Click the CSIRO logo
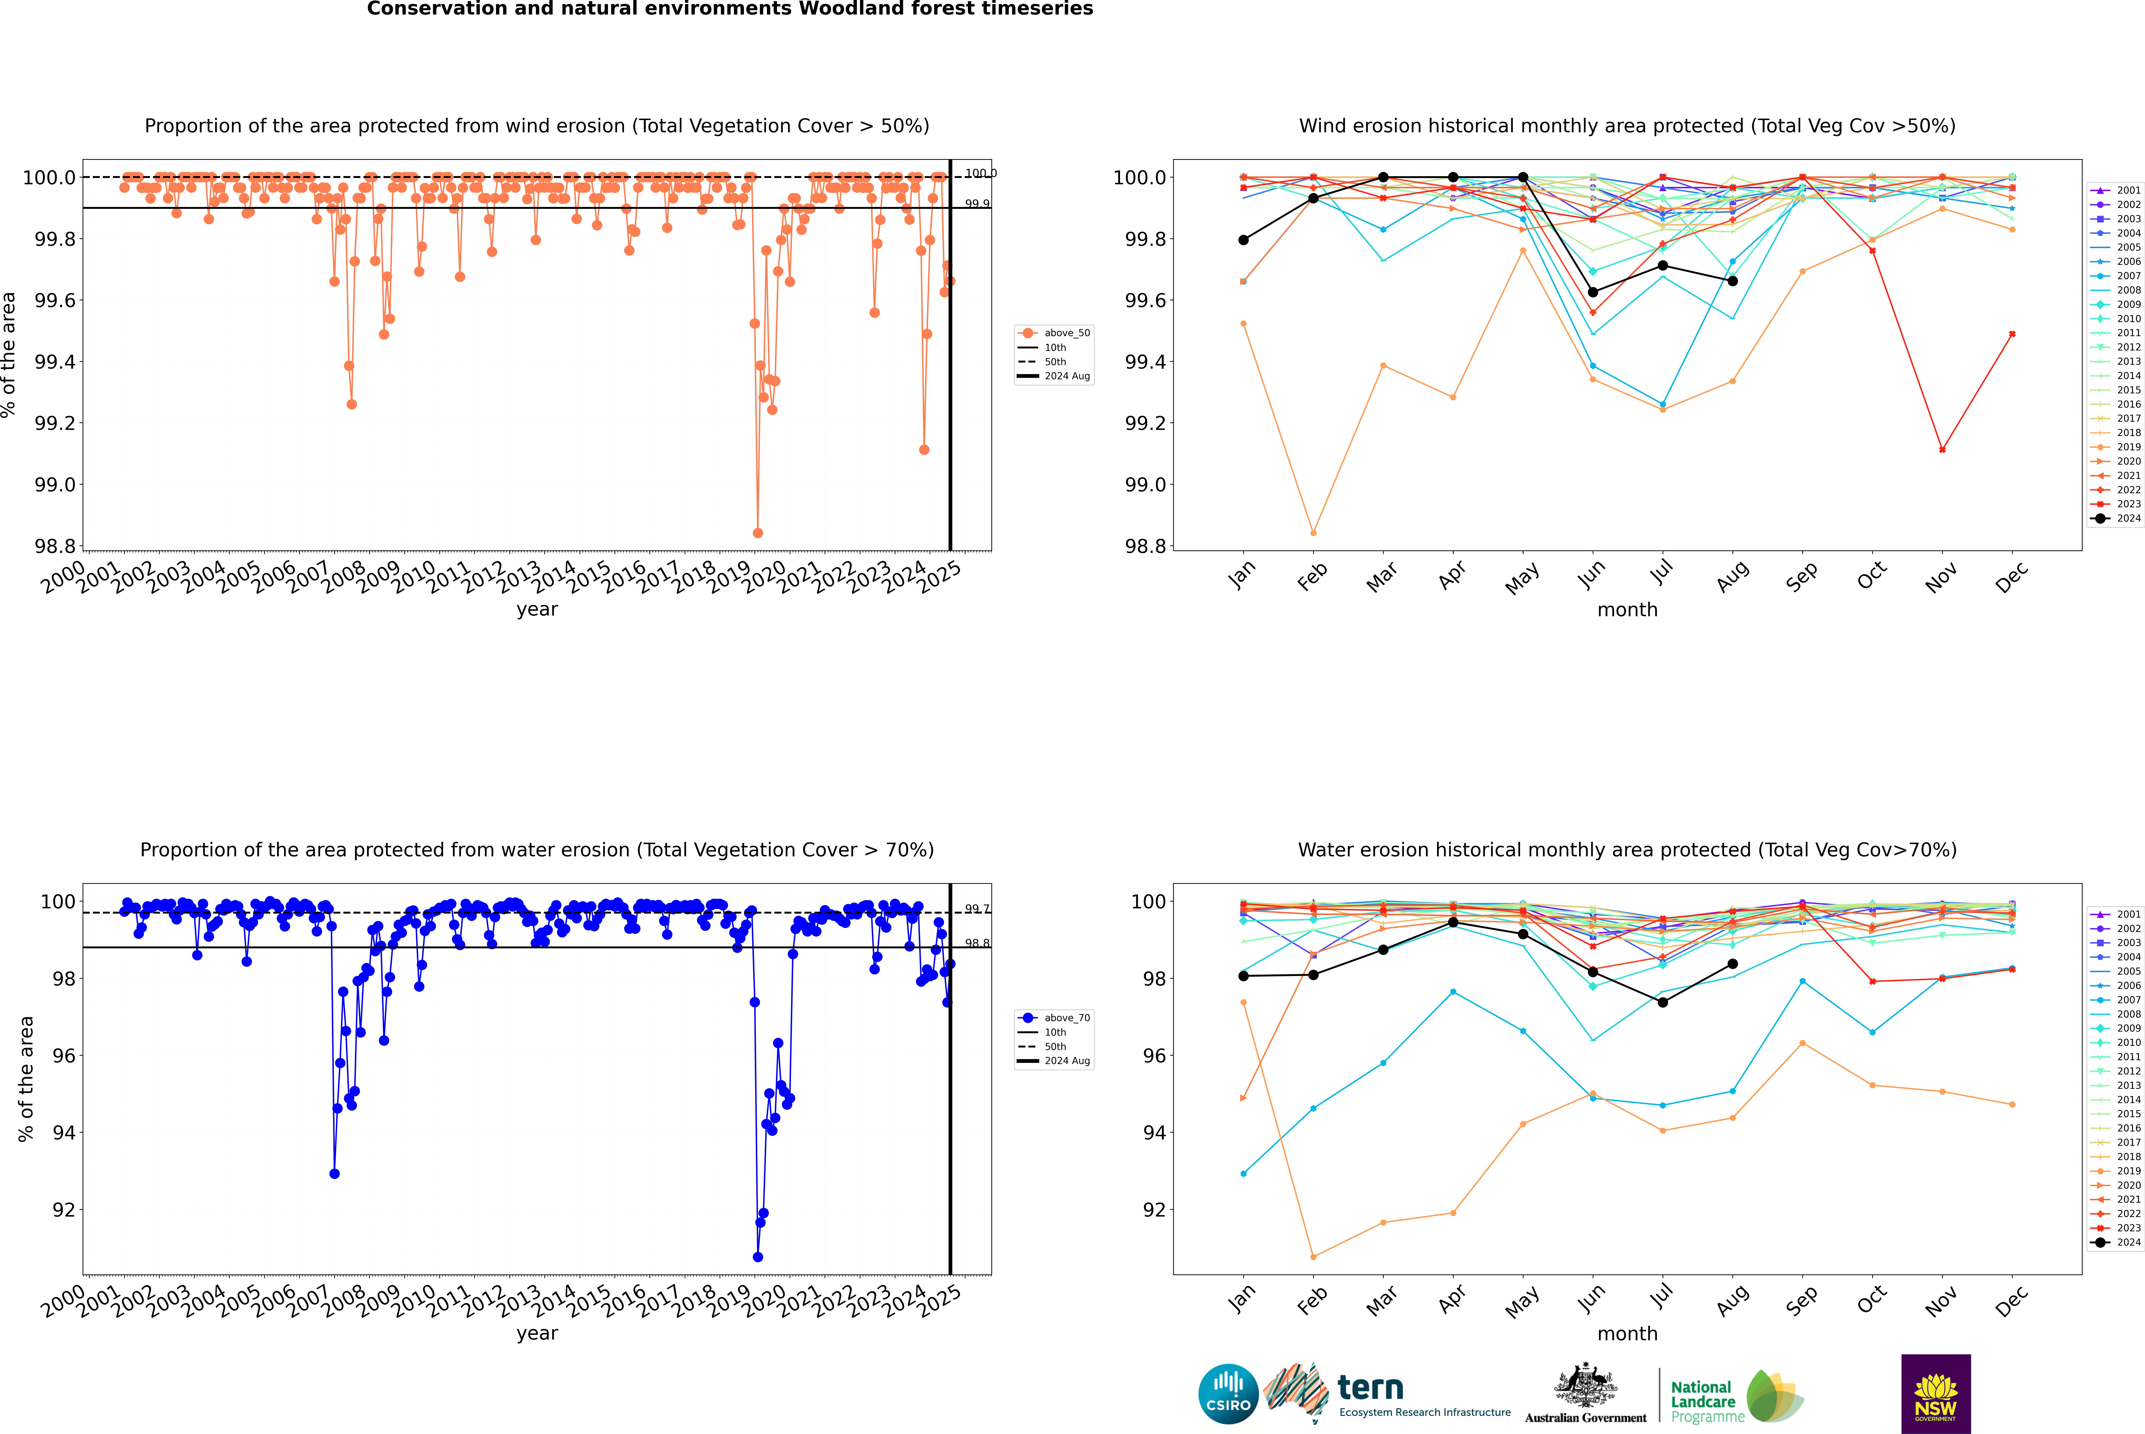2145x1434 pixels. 1228,1394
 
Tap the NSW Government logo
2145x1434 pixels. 1936,1394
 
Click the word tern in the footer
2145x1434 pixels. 1370,1388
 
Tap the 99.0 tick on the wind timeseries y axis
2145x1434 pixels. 55,485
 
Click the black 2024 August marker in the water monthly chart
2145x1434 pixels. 1733,964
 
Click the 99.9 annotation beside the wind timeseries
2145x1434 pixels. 976,204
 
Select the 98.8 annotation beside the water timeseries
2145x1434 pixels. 976,943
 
